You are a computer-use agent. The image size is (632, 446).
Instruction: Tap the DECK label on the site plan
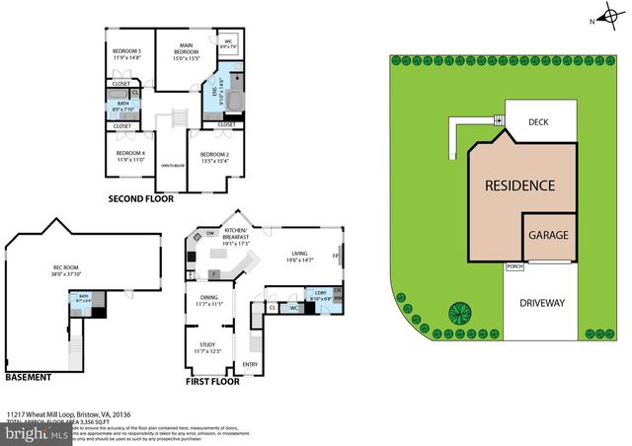(x=537, y=122)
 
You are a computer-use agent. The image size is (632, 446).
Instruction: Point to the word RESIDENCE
(x=518, y=186)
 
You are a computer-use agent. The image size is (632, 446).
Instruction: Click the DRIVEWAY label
(x=541, y=303)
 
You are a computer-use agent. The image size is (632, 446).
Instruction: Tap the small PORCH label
(x=513, y=266)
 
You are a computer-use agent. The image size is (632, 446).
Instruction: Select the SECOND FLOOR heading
(x=141, y=199)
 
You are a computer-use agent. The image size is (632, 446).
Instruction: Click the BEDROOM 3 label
(x=126, y=51)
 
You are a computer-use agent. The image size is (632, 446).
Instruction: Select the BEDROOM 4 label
(x=130, y=153)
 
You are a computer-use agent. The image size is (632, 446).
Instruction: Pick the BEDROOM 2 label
(x=214, y=155)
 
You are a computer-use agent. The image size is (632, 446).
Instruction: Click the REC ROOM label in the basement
(x=65, y=267)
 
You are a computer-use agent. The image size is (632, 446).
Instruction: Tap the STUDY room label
(x=207, y=345)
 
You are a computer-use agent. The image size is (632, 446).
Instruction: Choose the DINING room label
(x=207, y=297)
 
